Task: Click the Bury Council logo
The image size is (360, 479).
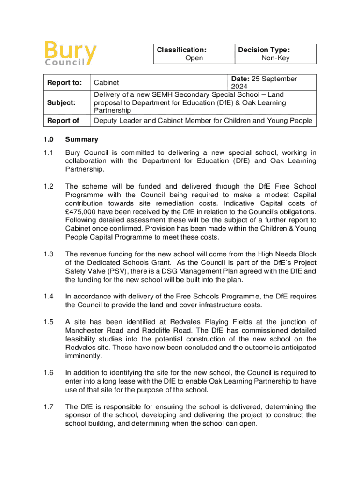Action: click(71, 53)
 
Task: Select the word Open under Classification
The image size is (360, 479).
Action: click(194, 58)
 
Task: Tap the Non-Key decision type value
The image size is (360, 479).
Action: click(275, 58)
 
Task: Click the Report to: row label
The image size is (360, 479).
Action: click(64, 83)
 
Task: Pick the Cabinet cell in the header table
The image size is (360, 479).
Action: click(107, 83)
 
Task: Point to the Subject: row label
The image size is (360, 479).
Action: click(60, 102)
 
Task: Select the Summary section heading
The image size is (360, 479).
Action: click(82, 139)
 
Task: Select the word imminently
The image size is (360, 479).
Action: click(84, 356)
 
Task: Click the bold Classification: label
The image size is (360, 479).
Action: click(181, 49)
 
